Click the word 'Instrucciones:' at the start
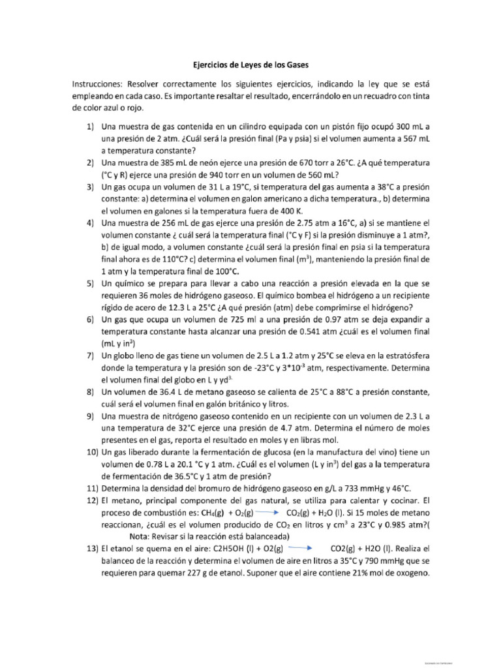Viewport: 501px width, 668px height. tap(101, 85)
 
